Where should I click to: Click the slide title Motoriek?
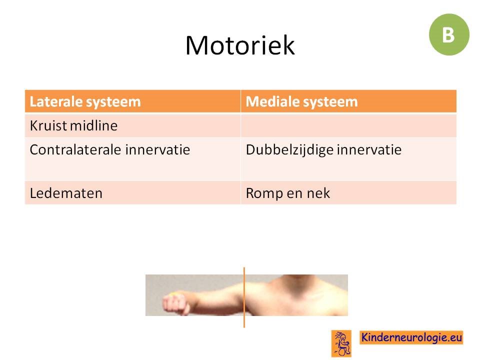(x=240, y=45)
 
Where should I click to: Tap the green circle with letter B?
(x=449, y=34)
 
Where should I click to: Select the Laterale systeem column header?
(x=132, y=101)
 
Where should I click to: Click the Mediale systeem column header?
(x=348, y=101)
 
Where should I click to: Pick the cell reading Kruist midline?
(x=132, y=125)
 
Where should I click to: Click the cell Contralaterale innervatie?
(x=132, y=159)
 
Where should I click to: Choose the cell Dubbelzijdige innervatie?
(x=348, y=159)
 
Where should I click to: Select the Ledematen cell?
(x=132, y=193)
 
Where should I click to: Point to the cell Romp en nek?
(x=348, y=193)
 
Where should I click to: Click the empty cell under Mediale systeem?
(x=348, y=125)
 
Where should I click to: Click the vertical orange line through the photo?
(x=244, y=297)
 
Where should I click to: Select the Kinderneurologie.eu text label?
(x=411, y=337)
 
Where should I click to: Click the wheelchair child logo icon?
(x=341, y=343)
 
